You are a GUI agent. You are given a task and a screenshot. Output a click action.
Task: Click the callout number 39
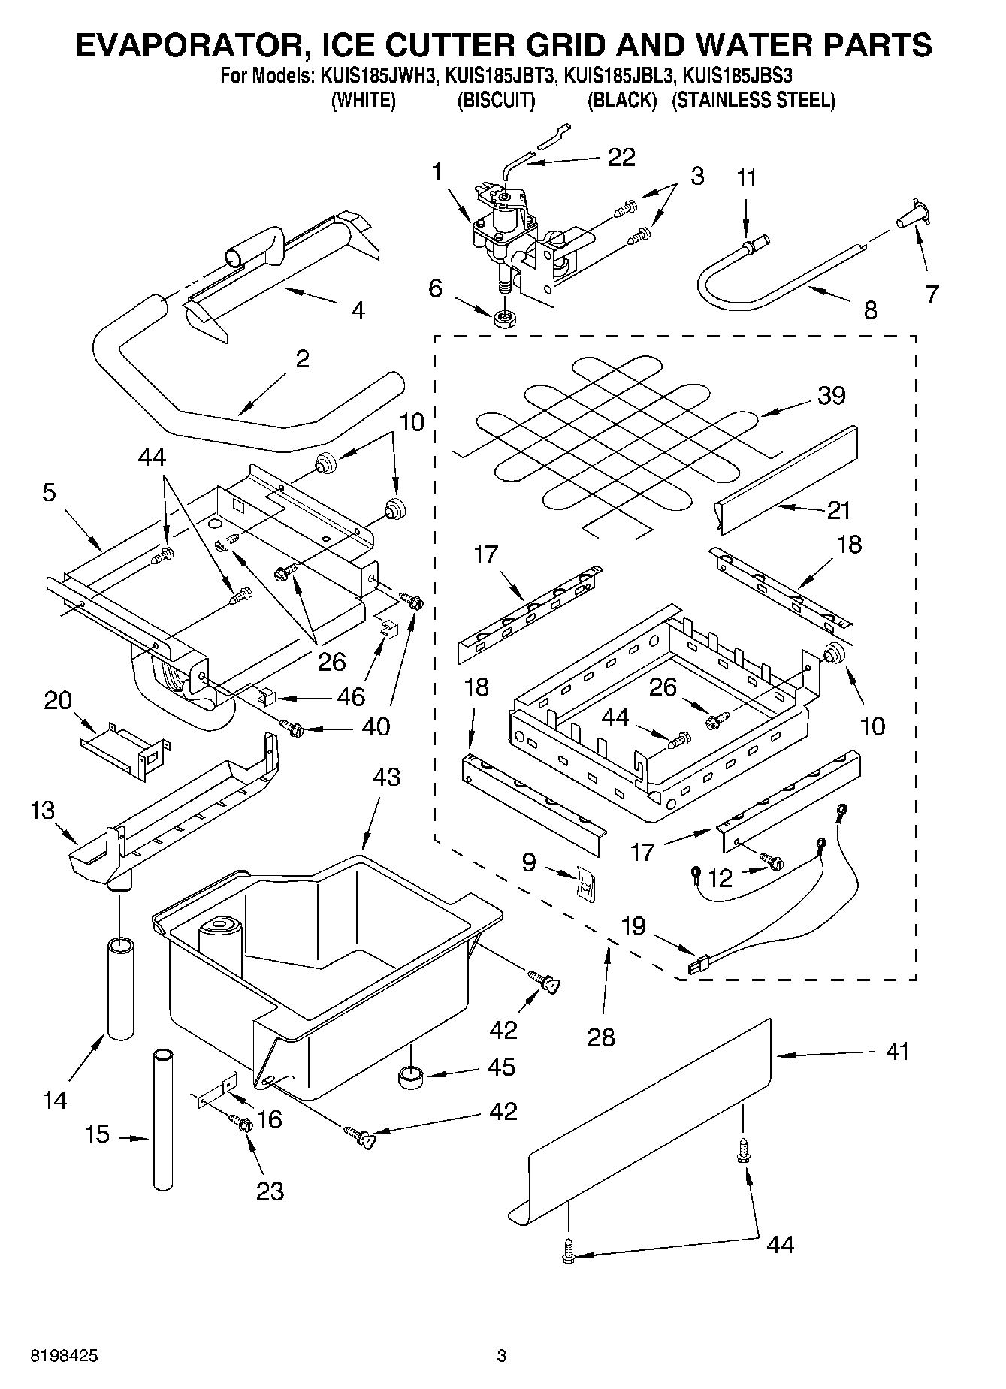click(831, 395)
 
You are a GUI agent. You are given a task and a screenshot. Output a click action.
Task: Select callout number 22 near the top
click(621, 157)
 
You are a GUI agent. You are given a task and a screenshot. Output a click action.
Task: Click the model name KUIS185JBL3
click(621, 76)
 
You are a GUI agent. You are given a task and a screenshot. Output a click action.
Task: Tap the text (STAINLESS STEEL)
click(753, 100)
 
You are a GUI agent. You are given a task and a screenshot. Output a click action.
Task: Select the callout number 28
click(602, 1037)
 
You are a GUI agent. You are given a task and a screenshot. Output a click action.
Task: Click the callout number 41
click(896, 1051)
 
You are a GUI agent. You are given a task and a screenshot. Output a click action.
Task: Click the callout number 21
click(838, 510)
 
